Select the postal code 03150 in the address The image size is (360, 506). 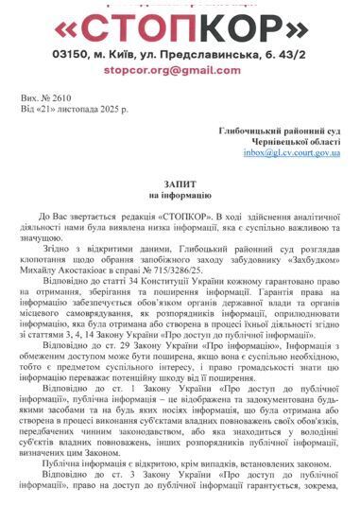pyautogui.click(x=71, y=56)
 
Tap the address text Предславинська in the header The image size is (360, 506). pyautogui.click(x=217, y=56)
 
